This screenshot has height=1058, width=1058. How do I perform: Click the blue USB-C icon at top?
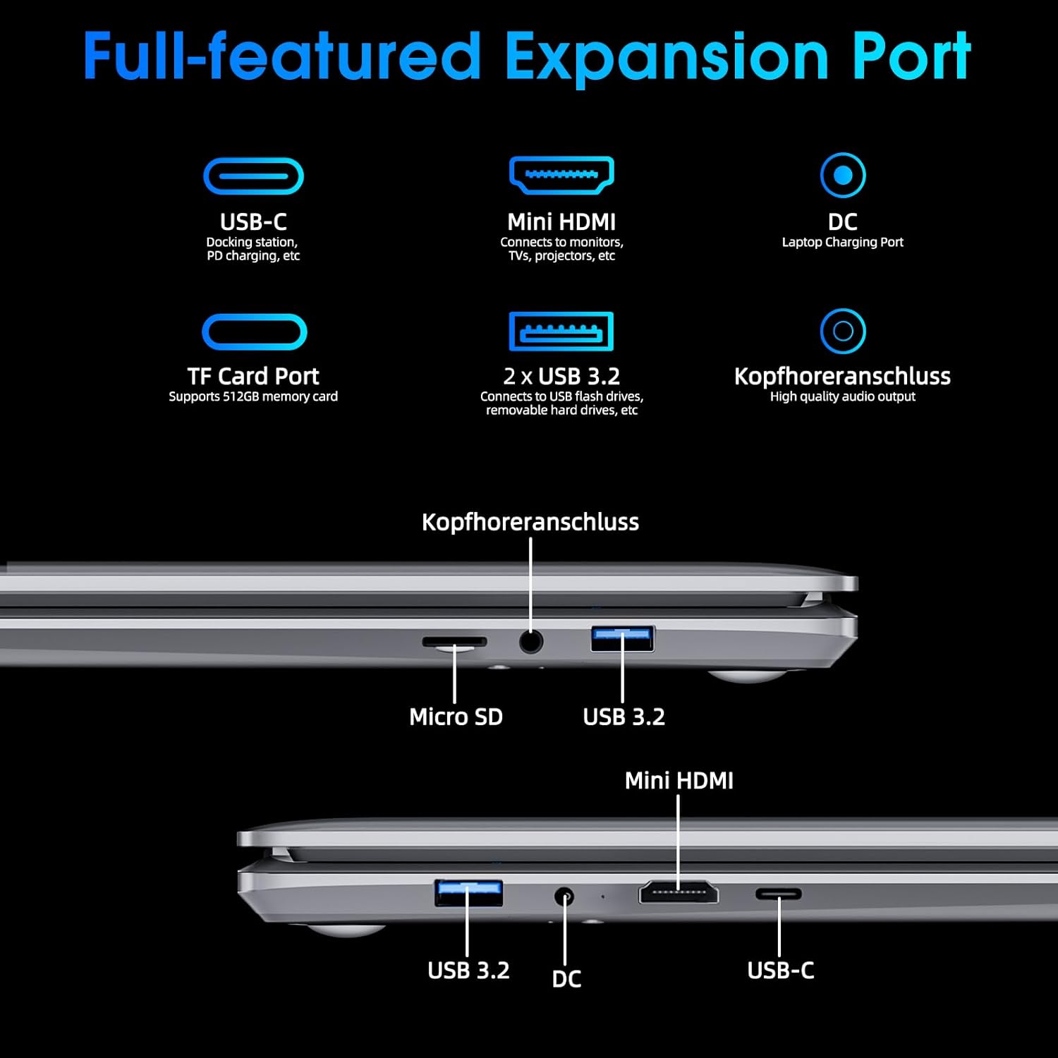(253, 176)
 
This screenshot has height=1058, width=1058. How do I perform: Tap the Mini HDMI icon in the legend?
(561, 175)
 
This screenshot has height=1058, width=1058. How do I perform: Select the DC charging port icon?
(843, 175)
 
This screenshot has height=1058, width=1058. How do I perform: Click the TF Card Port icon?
(254, 332)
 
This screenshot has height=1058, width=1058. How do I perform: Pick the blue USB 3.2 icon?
(561, 331)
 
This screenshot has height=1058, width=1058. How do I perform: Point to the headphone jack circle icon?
(843, 331)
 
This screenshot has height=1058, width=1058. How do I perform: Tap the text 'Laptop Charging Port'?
(842, 243)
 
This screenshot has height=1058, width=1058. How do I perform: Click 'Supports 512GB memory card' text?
(253, 396)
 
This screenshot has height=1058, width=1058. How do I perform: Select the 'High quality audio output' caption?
(842, 396)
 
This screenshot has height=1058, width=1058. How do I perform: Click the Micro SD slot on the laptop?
(454, 642)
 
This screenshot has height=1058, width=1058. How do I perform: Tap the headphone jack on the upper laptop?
(530, 642)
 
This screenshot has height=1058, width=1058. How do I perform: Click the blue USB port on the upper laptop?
(622, 638)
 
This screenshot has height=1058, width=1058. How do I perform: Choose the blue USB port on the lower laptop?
(468, 893)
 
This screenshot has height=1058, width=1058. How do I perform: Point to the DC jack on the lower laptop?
(564, 897)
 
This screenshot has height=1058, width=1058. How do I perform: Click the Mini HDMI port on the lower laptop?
(679, 892)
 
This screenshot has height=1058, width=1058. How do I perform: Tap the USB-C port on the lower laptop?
(779, 894)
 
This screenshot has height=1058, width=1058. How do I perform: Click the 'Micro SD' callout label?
(456, 717)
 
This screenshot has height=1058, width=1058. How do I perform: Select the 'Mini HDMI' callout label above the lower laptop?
(679, 781)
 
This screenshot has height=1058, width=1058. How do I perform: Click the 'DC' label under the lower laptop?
(566, 979)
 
